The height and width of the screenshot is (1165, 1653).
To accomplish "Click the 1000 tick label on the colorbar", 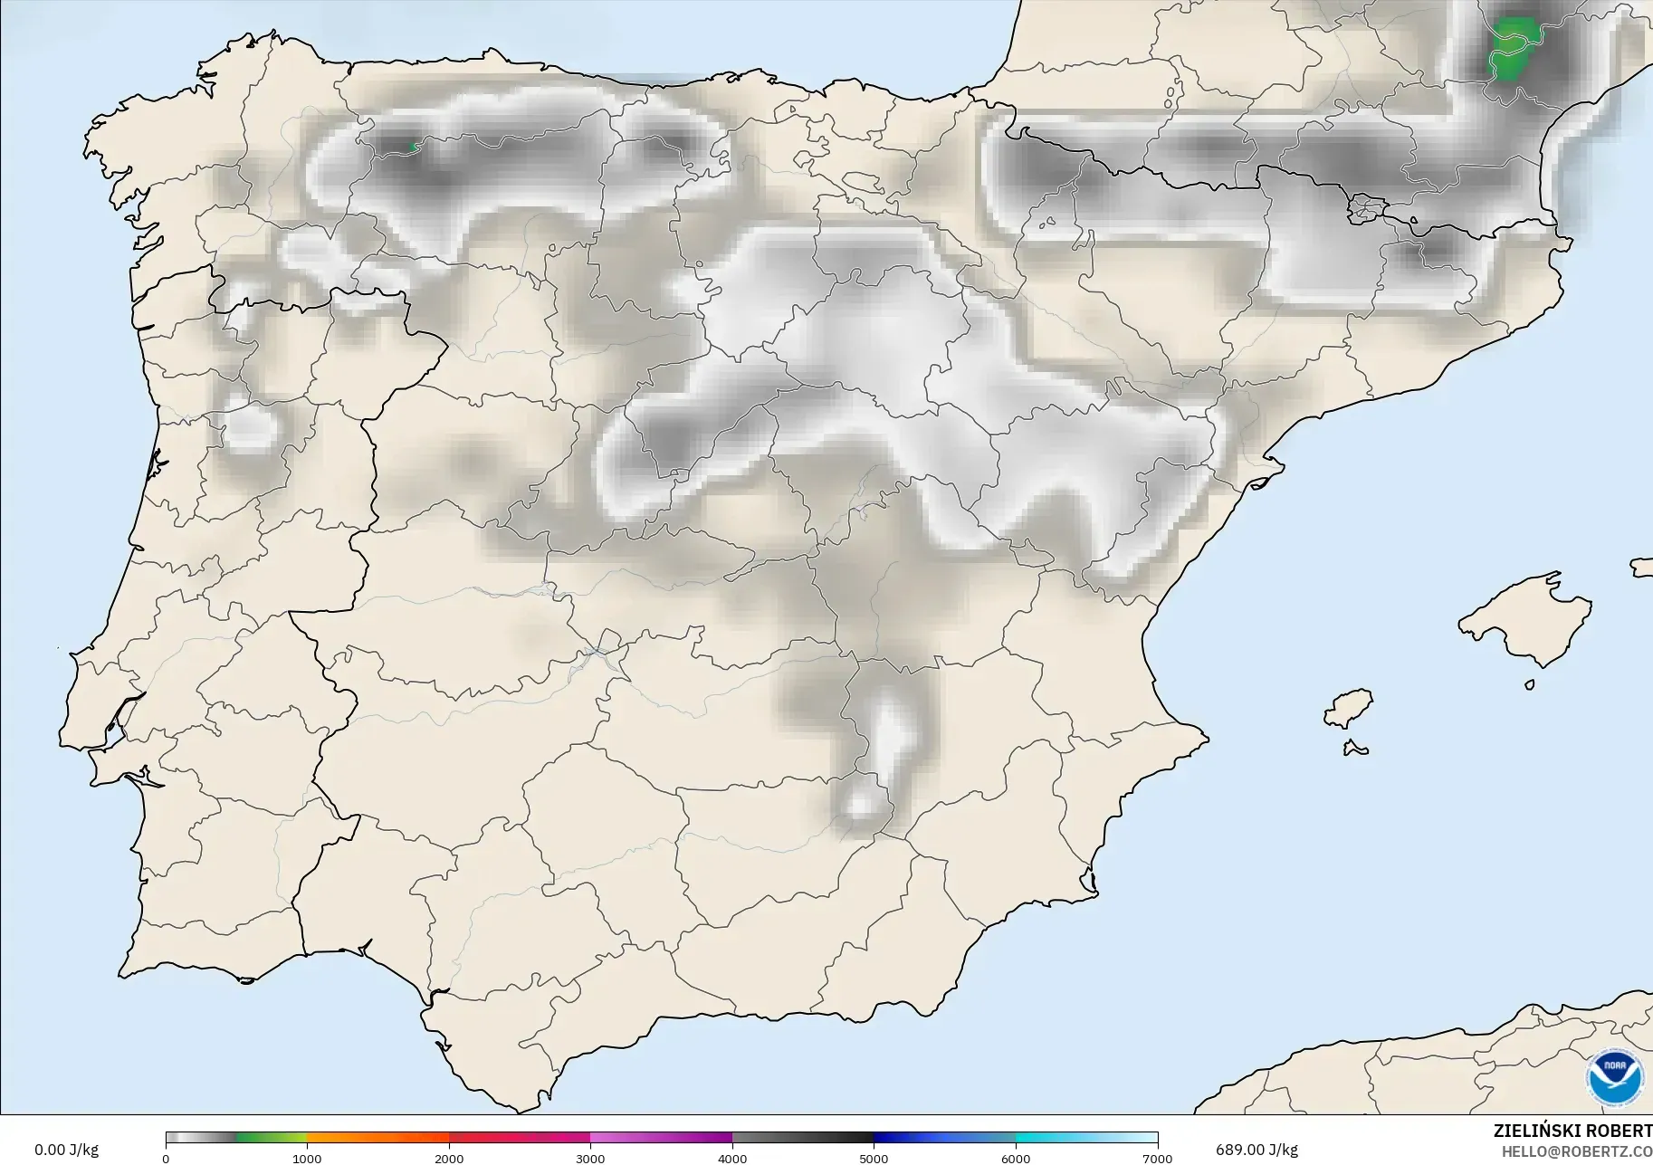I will tap(307, 1158).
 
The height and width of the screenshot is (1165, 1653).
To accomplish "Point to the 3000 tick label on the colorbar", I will tap(590, 1158).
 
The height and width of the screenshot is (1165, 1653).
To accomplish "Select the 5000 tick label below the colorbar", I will tap(874, 1158).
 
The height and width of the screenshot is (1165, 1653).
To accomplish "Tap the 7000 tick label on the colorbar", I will tap(1157, 1158).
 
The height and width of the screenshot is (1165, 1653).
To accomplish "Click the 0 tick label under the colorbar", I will tap(166, 1158).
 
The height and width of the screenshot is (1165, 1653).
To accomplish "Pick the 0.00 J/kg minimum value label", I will tap(66, 1150).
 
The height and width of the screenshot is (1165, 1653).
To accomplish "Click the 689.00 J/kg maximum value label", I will tap(1256, 1150).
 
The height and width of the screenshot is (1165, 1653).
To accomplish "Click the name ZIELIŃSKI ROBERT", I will tap(1572, 1132).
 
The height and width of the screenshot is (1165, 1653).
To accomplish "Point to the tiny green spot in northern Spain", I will tap(412, 145).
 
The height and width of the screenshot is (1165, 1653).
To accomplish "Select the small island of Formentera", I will tap(1355, 748).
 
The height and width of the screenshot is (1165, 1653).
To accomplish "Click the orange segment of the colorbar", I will tap(377, 1138).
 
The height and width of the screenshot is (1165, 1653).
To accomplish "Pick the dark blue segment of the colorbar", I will tap(914, 1138).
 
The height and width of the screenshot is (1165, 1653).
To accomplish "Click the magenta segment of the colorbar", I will tap(661, 1138).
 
